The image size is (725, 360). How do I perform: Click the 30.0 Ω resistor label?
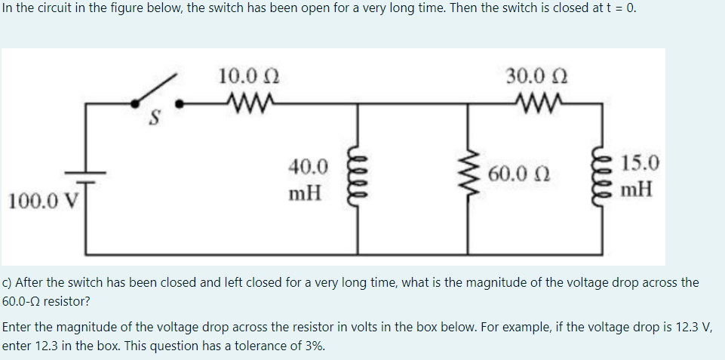[537, 76]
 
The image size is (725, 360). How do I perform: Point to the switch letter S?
[154, 118]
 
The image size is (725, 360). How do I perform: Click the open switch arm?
[155, 89]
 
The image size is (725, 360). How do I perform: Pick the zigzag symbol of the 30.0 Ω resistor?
[536, 99]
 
